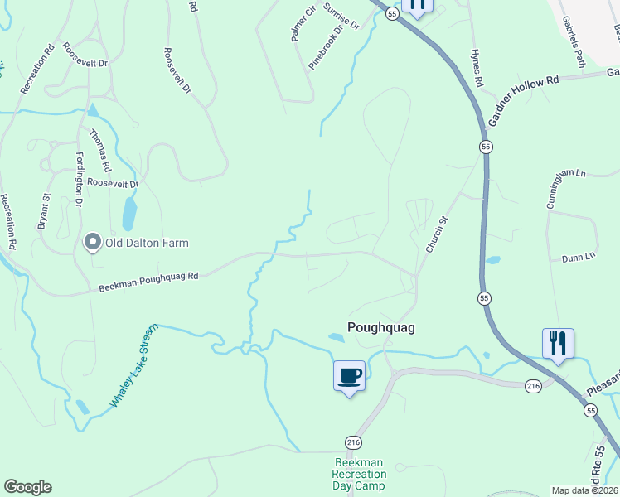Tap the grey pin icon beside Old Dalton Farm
93,243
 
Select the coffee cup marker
349,376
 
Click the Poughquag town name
380,327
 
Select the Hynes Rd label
477,67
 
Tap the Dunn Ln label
579,257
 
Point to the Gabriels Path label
573,41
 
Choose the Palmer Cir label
303,23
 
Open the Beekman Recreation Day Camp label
359,474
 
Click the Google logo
27,487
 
